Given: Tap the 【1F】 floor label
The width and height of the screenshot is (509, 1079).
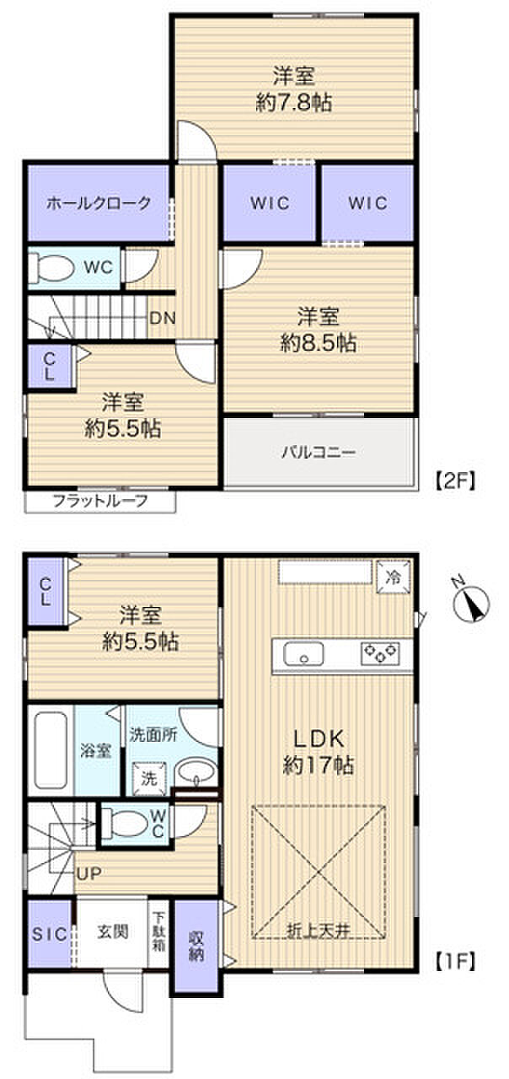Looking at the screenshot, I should point(456,960).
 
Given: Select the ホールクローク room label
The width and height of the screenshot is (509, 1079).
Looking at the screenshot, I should point(99,202).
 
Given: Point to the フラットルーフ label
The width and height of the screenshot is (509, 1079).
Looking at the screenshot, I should point(100,502).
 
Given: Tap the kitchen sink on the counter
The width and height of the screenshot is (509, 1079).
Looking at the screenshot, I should point(304,654).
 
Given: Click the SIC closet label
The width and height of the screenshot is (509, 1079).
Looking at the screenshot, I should point(49,934).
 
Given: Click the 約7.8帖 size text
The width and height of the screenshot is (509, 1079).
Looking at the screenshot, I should point(294,103).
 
